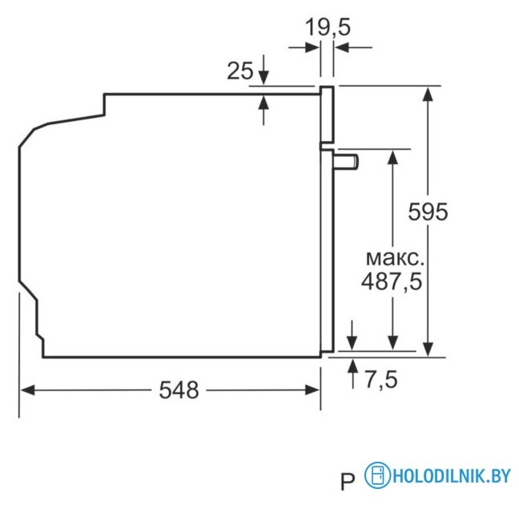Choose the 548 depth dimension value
point(178,390)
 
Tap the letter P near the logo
point(347,483)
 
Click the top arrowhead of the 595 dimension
point(428,92)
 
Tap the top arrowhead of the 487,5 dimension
point(392,156)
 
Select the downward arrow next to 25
point(264,79)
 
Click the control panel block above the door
point(327,115)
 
